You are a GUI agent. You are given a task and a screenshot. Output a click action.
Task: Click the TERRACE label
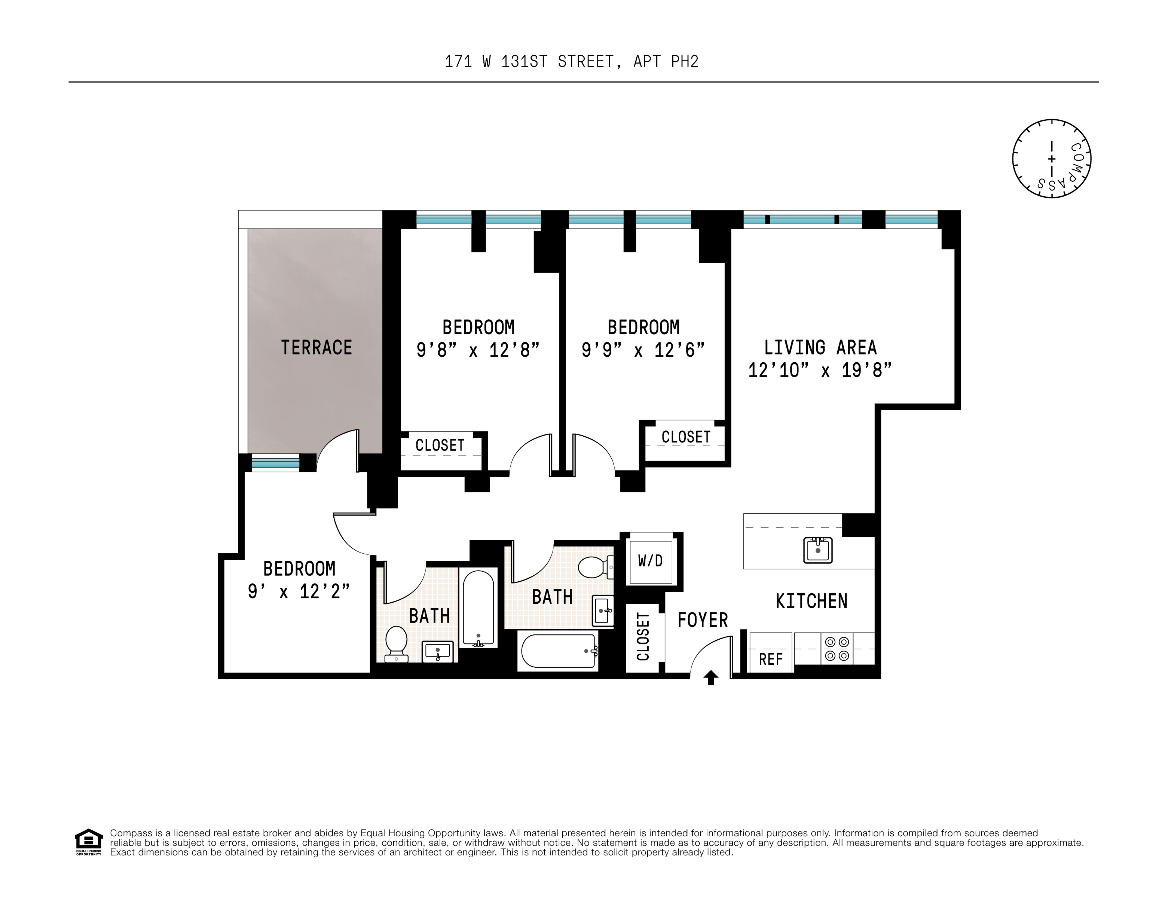point(316,348)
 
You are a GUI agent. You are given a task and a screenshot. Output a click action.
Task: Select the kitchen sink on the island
point(818,550)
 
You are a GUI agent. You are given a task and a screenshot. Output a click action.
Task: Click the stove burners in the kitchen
point(837,648)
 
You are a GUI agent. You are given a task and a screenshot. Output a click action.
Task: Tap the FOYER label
point(702,621)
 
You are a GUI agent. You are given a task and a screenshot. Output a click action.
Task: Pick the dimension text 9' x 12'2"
point(299,591)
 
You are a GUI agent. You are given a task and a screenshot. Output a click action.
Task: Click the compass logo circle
point(1051,159)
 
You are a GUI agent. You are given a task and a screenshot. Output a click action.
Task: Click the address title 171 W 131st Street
point(571,62)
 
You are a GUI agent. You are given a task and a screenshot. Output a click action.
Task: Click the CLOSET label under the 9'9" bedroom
point(686,437)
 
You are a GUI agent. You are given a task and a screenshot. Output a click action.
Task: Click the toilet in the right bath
point(594,568)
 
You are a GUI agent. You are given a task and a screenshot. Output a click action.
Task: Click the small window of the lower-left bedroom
point(275,463)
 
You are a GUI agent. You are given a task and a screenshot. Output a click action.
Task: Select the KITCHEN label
point(811,601)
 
